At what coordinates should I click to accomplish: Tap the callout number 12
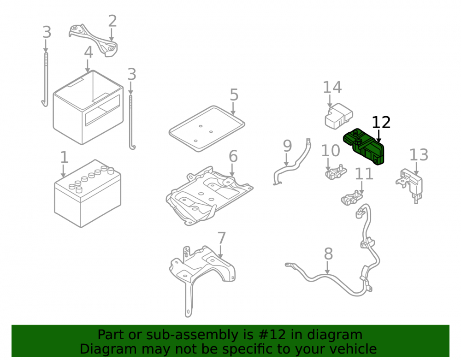pyautogui.click(x=381, y=123)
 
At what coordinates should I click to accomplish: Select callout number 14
pyautogui.click(x=332, y=87)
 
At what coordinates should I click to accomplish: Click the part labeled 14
pyautogui.click(x=338, y=116)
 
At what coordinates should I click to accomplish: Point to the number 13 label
pyautogui.click(x=419, y=154)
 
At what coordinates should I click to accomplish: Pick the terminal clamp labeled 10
pyautogui.click(x=336, y=172)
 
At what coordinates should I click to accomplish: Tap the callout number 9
pyautogui.click(x=287, y=146)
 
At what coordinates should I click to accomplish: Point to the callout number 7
pyautogui.click(x=222, y=238)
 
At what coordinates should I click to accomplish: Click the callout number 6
pyautogui.click(x=233, y=156)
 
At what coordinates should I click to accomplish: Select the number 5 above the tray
pyautogui.click(x=234, y=94)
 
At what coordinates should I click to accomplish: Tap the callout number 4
pyautogui.click(x=89, y=52)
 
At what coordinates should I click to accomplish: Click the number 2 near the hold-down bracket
pyautogui.click(x=112, y=21)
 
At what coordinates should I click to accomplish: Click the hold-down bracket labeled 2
pyautogui.click(x=93, y=40)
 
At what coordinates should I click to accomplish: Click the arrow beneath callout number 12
pyautogui.click(x=378, y=136)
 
